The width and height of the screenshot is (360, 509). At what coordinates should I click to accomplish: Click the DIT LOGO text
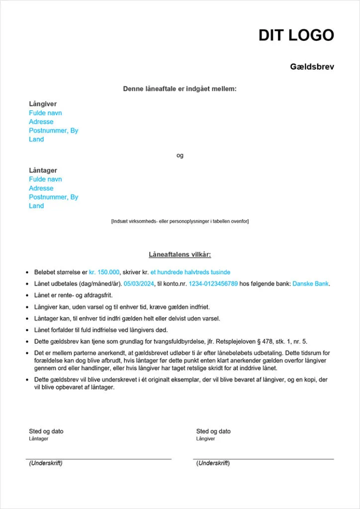(296, 35)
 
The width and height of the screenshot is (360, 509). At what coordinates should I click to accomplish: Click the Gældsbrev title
(312, 67)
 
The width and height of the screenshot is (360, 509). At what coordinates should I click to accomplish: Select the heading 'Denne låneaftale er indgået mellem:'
(180, 89)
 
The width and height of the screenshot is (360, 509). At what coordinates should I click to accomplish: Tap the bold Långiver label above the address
(43, 104)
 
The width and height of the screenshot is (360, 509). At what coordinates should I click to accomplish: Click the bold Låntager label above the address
(43, 170)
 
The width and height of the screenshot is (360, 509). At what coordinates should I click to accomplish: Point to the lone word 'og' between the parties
(180, 156)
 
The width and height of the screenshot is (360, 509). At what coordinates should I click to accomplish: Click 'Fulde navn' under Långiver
(45, 113)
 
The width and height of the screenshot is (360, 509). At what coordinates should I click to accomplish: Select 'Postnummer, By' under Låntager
(53, 197)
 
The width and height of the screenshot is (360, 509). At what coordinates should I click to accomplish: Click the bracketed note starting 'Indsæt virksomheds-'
(180, 221)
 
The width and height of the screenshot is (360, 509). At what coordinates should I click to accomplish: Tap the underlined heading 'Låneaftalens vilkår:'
(180, 254)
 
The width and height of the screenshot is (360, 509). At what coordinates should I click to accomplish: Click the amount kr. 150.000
(104, 272)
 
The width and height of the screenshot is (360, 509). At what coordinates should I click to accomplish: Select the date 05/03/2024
(140, 284)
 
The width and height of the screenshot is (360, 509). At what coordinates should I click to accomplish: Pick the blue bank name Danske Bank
(311, 284)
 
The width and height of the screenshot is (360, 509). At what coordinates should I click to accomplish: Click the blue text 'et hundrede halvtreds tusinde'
(190, 272)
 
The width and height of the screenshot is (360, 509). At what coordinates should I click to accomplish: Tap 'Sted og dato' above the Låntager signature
(46, 431)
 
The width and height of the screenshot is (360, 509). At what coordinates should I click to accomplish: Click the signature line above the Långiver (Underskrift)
(264, 459)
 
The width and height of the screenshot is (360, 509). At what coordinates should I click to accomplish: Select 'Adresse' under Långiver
(41, 122)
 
